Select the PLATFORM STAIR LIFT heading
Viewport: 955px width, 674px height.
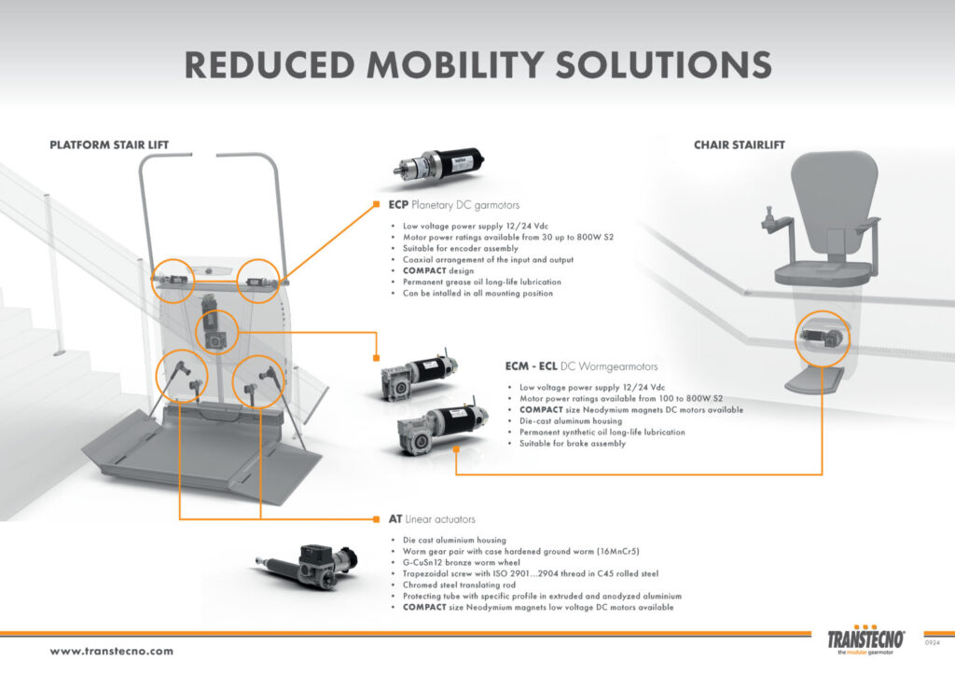click(109, 144)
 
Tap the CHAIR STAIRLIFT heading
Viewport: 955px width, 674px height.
click(740, 144)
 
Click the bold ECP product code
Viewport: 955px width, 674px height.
click(398, 204)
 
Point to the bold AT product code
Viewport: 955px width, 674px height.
click(395, 518)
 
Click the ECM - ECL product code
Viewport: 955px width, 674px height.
click(531, 366)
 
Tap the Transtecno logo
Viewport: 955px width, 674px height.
click(865, 640)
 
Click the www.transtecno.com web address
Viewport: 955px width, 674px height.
click(112, 651)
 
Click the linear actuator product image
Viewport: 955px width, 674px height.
click(306, 565)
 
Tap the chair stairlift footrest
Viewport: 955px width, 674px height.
click(814, 381)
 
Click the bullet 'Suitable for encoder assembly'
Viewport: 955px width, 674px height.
click(460, 248)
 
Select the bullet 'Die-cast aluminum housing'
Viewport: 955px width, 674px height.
click(571, 420)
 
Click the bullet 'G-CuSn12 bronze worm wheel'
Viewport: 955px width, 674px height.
click(461, 562)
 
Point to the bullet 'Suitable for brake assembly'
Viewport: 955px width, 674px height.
click(572, 443)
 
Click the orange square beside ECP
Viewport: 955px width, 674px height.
click(377, 204)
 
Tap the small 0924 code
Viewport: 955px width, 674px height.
click(933, 642)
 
